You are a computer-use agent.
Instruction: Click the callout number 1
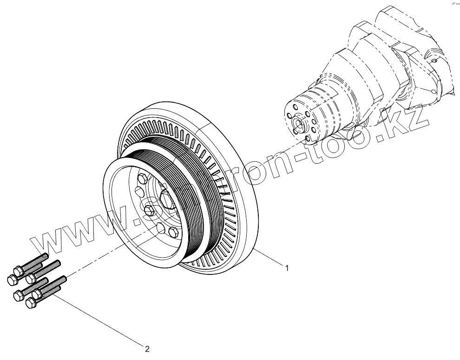click(287, 268)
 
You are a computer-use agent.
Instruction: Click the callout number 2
click(147, 348)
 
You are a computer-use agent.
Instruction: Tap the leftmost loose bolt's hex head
click(12, 280)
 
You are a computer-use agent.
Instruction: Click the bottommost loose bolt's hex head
click(31, 303)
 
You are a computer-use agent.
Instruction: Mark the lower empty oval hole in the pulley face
click(161, 227)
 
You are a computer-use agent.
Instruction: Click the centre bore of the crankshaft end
click(297, 123)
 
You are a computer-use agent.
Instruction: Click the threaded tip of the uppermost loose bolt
click(45, 256)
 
